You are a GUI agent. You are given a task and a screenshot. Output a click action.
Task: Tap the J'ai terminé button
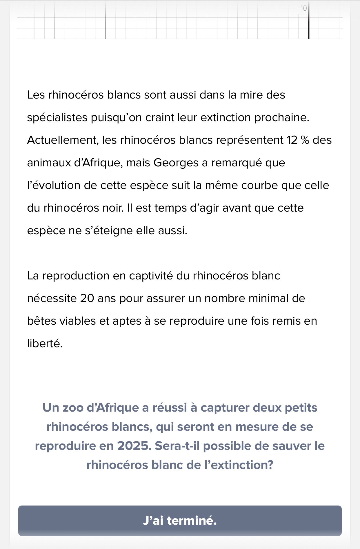180,521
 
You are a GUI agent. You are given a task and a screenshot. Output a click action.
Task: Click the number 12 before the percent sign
292,140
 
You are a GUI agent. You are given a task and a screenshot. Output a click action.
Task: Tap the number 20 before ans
87,298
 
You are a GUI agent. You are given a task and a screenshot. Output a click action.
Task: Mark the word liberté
45,343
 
